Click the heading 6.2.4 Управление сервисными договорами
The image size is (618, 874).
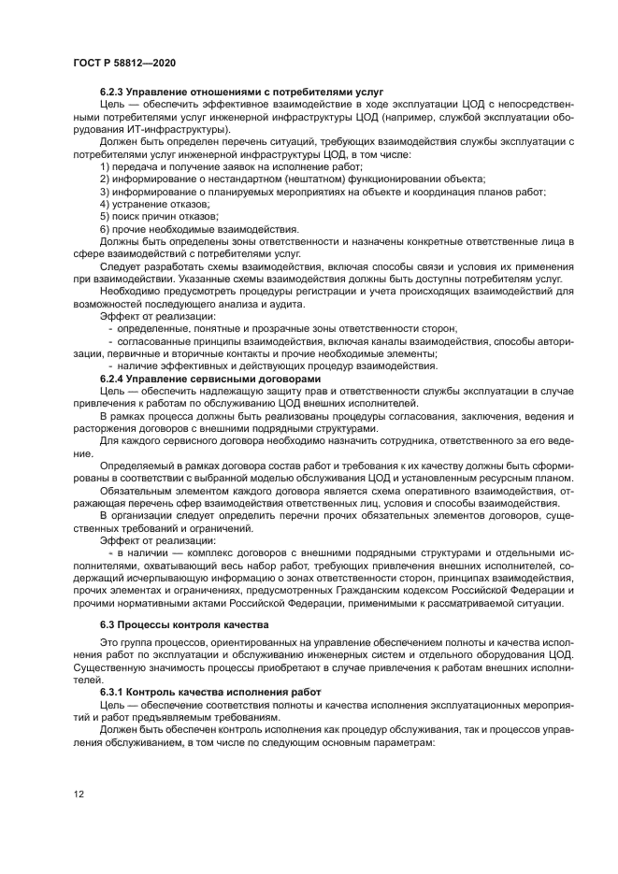(x=204, y=378)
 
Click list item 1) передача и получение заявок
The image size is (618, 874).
(x=218, y=165)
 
